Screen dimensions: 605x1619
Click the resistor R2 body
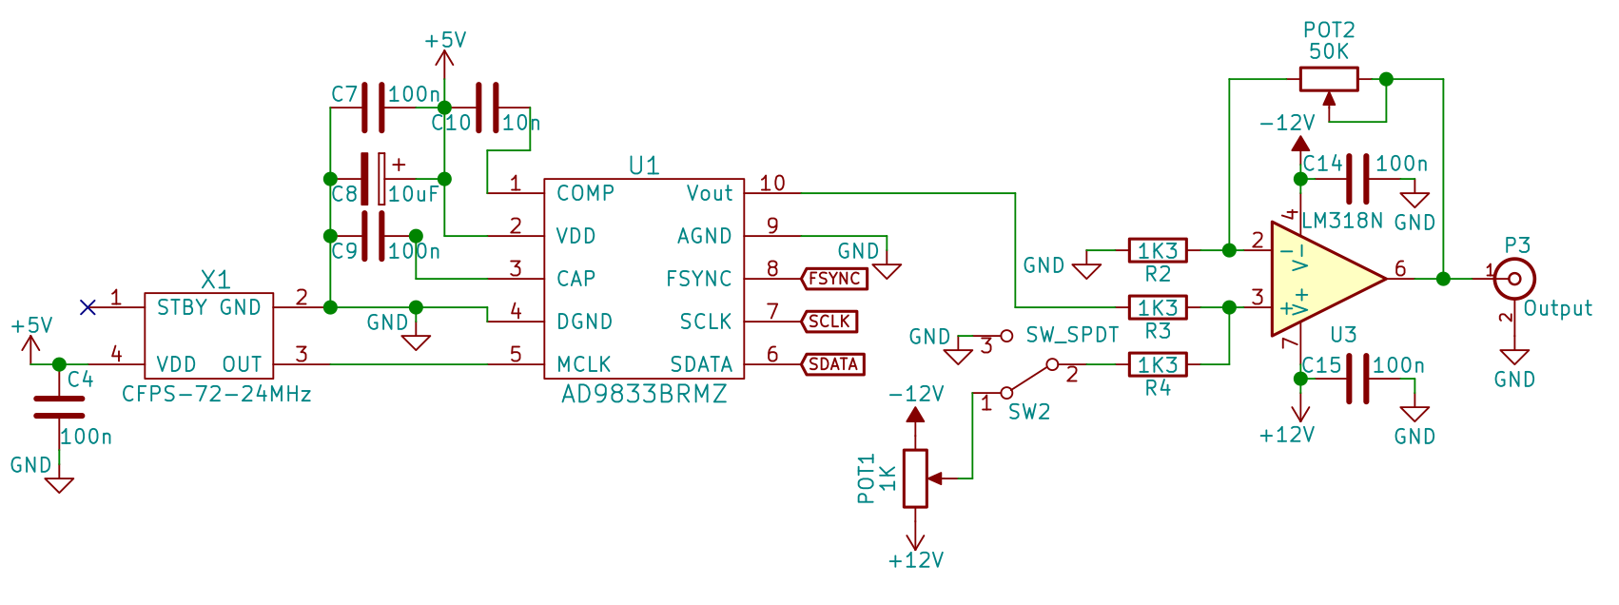1158,250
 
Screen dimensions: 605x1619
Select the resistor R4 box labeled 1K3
1158,364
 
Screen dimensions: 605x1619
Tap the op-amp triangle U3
1322,279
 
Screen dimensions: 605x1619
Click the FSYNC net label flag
834,279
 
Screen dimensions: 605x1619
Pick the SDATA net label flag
833,364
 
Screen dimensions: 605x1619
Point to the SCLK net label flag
829,322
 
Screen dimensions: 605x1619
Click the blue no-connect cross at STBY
88,306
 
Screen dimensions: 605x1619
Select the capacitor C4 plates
59,407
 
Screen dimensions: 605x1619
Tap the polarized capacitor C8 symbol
374,179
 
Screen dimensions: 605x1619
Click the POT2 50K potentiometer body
1329,79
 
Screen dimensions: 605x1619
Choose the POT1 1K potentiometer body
915,478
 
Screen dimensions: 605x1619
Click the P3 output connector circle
1515,279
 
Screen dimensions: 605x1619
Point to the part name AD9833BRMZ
644,394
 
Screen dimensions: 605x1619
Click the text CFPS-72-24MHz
217,394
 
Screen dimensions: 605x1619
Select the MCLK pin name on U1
584,364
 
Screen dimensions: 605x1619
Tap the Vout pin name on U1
710,193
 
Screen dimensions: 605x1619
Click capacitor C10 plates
486,107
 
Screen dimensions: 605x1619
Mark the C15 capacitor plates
1357,379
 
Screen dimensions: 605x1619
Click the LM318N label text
1342,221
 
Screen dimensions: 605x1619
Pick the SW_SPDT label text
1072,335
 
